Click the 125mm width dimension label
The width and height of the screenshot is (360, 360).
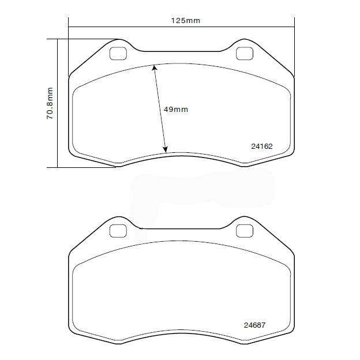pyautogui.click(x=185, y=20)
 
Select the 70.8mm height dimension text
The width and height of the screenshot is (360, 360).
pyautogui.click(x=50, y=103)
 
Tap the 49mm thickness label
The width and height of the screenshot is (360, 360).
pyautogui.click(x=176, y=109)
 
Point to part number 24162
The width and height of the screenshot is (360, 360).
pyautogui.click(x=261, y=147)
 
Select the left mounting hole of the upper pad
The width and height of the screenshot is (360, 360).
pyautogui.click(x=118, y=53)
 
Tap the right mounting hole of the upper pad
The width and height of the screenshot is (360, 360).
pyautogui.click(x=245, y=53)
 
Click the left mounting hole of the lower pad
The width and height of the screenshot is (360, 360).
pyautogui.click(x=118, y=230)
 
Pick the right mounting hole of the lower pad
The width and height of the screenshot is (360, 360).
pyautogui.click(x=245, y=230)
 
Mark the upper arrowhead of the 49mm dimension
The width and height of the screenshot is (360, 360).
pyautogui.click(x=154, y=67)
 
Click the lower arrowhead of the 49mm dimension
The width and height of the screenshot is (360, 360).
pyautogui.click(x=166, y=149)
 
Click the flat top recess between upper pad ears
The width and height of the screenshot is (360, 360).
pyautogui.click(x=181, y=51)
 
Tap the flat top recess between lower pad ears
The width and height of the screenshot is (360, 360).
pyautogui.click(x=181, y=228)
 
